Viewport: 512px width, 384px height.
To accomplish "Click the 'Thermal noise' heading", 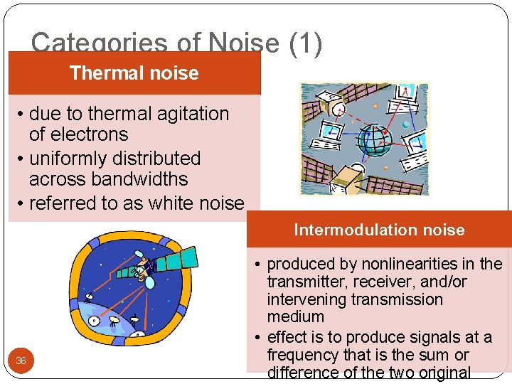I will click(134, 73).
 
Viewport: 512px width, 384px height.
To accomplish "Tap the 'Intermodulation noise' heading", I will click(379, 230).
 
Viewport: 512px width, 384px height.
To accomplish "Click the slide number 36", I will click(21, 361).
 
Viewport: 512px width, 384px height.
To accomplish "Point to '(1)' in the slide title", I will click(305, 44).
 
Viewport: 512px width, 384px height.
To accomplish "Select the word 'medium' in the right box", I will click(295, 316).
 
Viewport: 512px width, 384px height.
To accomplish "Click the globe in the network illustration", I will click(374, 139).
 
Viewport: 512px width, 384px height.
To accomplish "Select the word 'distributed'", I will click(158, 159).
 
